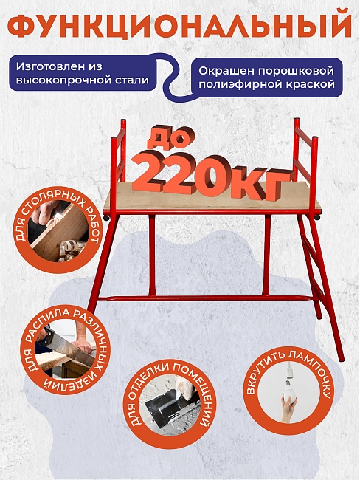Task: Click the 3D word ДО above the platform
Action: [x=172, y=136]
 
